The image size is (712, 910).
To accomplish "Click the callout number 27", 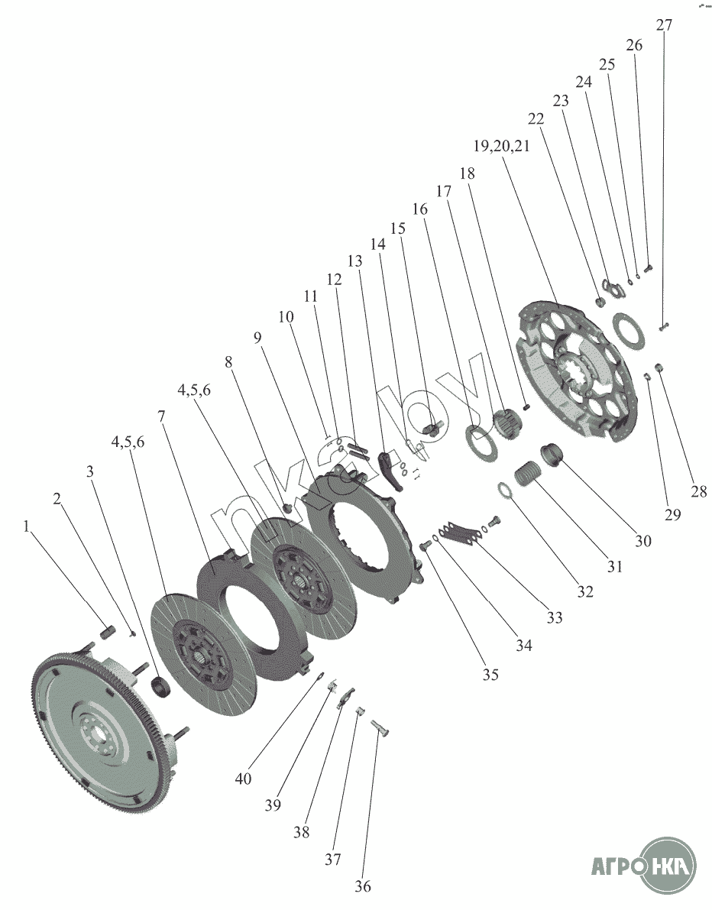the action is pos(664,25).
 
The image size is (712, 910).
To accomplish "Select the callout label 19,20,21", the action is pos(501,146).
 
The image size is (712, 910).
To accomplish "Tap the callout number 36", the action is pos(363,886).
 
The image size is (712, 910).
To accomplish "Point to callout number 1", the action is pos(26,526).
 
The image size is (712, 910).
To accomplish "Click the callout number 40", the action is pos(243,778).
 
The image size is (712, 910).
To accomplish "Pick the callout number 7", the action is pos(161,416).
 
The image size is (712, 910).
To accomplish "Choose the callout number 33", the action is pos(555,617).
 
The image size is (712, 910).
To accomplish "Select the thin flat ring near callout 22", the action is pos(629,331).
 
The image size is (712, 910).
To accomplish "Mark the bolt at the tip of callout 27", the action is pos(665,327).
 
